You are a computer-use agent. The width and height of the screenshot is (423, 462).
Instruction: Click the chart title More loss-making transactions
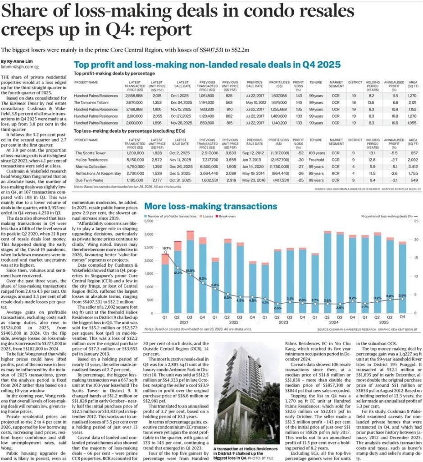(210, 206)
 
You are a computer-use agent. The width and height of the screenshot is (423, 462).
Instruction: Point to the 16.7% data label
(167, 249)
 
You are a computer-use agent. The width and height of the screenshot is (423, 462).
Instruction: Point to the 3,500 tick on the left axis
(149, 221)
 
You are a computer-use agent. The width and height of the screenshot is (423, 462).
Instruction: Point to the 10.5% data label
(190, 270)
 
